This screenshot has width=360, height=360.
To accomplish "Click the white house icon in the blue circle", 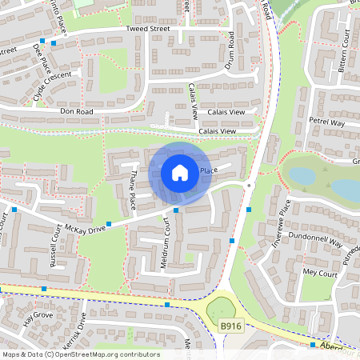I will pyautogui.click(x=180, y=173).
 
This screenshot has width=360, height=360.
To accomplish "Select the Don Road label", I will pyautogui.click(x=77, y=111).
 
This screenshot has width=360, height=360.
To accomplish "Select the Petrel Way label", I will pyautogui.click(x=326, y=122).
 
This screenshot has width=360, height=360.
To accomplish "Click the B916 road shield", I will pyautogui.click(x=230, y=326).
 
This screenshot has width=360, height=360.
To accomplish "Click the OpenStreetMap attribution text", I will pyautogui.click(x=80, y=354).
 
